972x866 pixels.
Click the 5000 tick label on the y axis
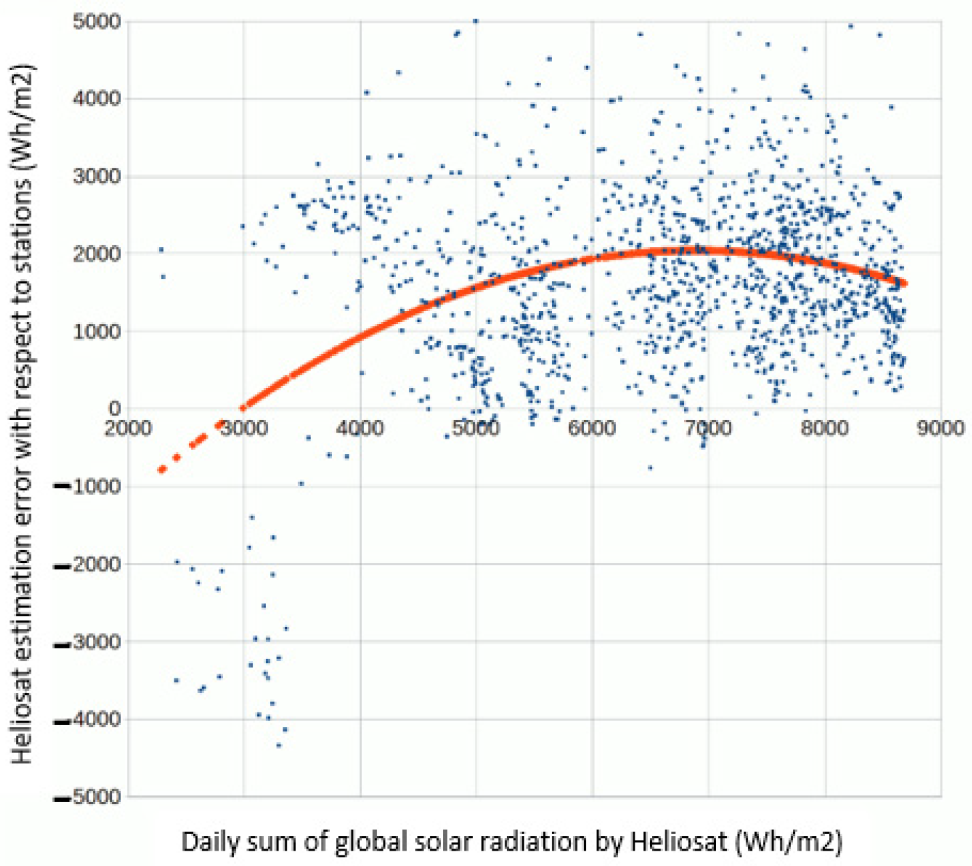pyautogui.click(x=96, y=21)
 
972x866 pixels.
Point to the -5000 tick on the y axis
pyautogui.click(x=88, y=797)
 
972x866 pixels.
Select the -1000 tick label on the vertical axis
pyautogui.click(x=88, y=487)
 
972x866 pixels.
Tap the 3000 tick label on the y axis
pyautogui.click(x=96, y=176)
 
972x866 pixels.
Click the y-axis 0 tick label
pyautogui.click(x=114, y=408)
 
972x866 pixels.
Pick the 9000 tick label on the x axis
pyautogui.click(x=940, y=428)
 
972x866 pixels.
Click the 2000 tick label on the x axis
pyautogui.click(x=127, y=428)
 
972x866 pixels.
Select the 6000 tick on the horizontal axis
pyautogui.click(x=592, y=428)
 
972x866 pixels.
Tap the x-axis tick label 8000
pyautogui.click(x=824, y=428)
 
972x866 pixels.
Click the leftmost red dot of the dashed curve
pyautogui.click(x=161, y=470)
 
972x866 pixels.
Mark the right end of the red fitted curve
pyautogui.click(x=905, y=283)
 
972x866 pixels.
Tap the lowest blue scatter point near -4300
pyautogui.click(x=279, y=745)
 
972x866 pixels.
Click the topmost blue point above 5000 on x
pyautogui.click(x=475, y=21)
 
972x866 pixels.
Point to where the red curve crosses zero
pyautogui.click(x=243, y=407)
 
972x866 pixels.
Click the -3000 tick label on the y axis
pyautogui.click(x=88, y=642)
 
